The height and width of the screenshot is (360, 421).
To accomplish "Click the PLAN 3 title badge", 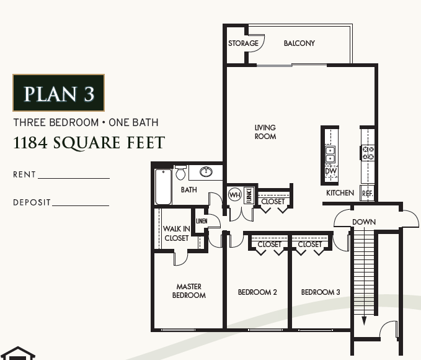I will tap(58, 93).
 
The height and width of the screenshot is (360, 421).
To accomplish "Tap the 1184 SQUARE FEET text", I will tap(89, 143).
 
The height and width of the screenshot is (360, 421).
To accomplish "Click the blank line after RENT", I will tap(73, 178).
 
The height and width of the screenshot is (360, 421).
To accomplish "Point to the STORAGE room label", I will tap(243, 43).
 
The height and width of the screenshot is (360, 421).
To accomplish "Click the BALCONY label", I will tap(299, 43).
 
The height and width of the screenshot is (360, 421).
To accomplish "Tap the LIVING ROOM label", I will tap(265, 132).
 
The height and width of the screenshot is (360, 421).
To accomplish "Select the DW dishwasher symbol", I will tap(330, 171).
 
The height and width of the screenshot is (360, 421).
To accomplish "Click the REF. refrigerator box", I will tap(367, 193).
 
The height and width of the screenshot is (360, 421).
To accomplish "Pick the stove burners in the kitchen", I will tap(368, 153).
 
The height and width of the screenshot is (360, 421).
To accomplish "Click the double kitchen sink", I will tap(330, 154).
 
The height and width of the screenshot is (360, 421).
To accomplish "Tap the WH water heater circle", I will tap(234, 195).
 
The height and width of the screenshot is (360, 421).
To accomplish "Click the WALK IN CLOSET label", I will tap(176, 233).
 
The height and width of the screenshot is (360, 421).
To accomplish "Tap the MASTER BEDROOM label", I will tap(188, 291).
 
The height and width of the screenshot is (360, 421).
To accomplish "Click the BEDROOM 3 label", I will tap(321, 292).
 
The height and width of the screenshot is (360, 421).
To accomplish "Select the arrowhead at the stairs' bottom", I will tap(365, 321).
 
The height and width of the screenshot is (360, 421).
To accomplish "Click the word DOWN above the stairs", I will tap(364, 222).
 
